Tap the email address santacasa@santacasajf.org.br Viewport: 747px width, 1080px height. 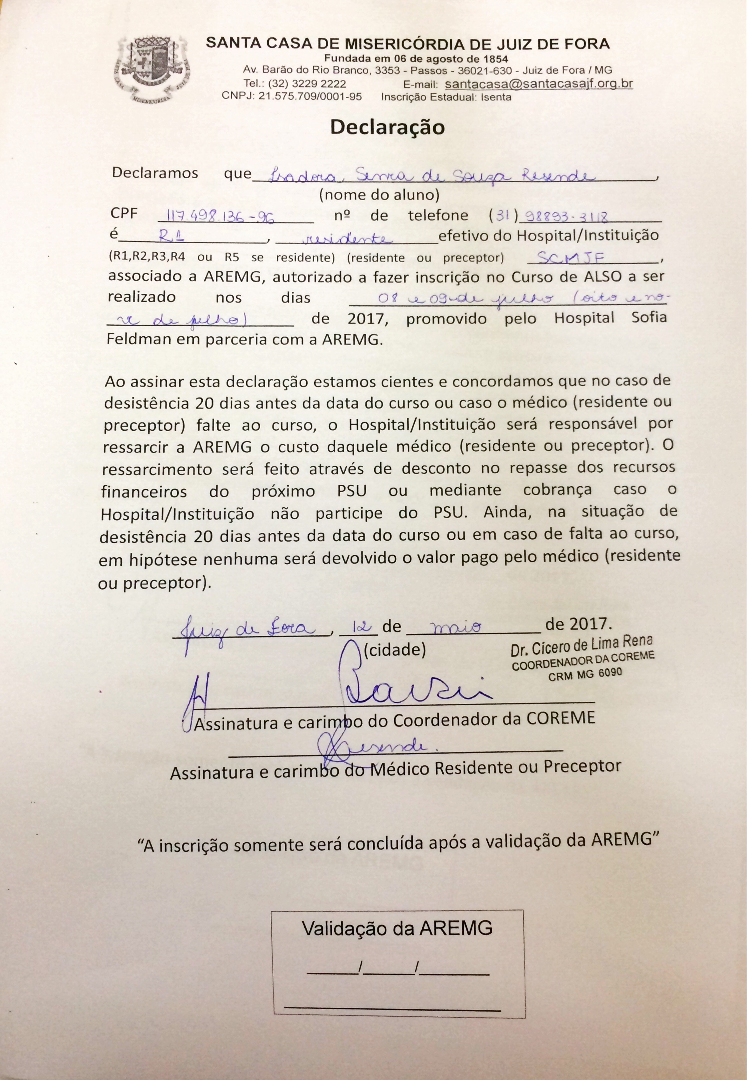pyautogui.click(x=539, y=84)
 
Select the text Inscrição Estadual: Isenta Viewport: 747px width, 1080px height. pyautogui.click(x=446, y=97)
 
